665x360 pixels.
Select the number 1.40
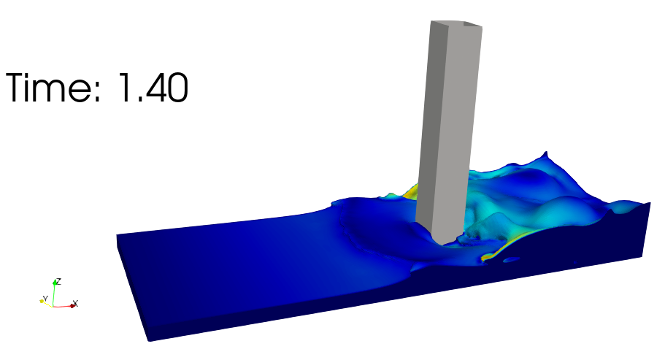click(153, 88)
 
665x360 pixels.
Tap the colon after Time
click(98, 91)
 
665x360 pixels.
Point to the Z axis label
click(58, 281)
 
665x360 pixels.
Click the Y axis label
click(45, 299)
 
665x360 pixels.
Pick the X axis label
click(75, 303)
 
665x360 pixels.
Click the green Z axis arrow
click(54, 293)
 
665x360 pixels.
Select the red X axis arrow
click(64, 306)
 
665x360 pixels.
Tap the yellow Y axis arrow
click(46, 303)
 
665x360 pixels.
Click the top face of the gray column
click(457, 25)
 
